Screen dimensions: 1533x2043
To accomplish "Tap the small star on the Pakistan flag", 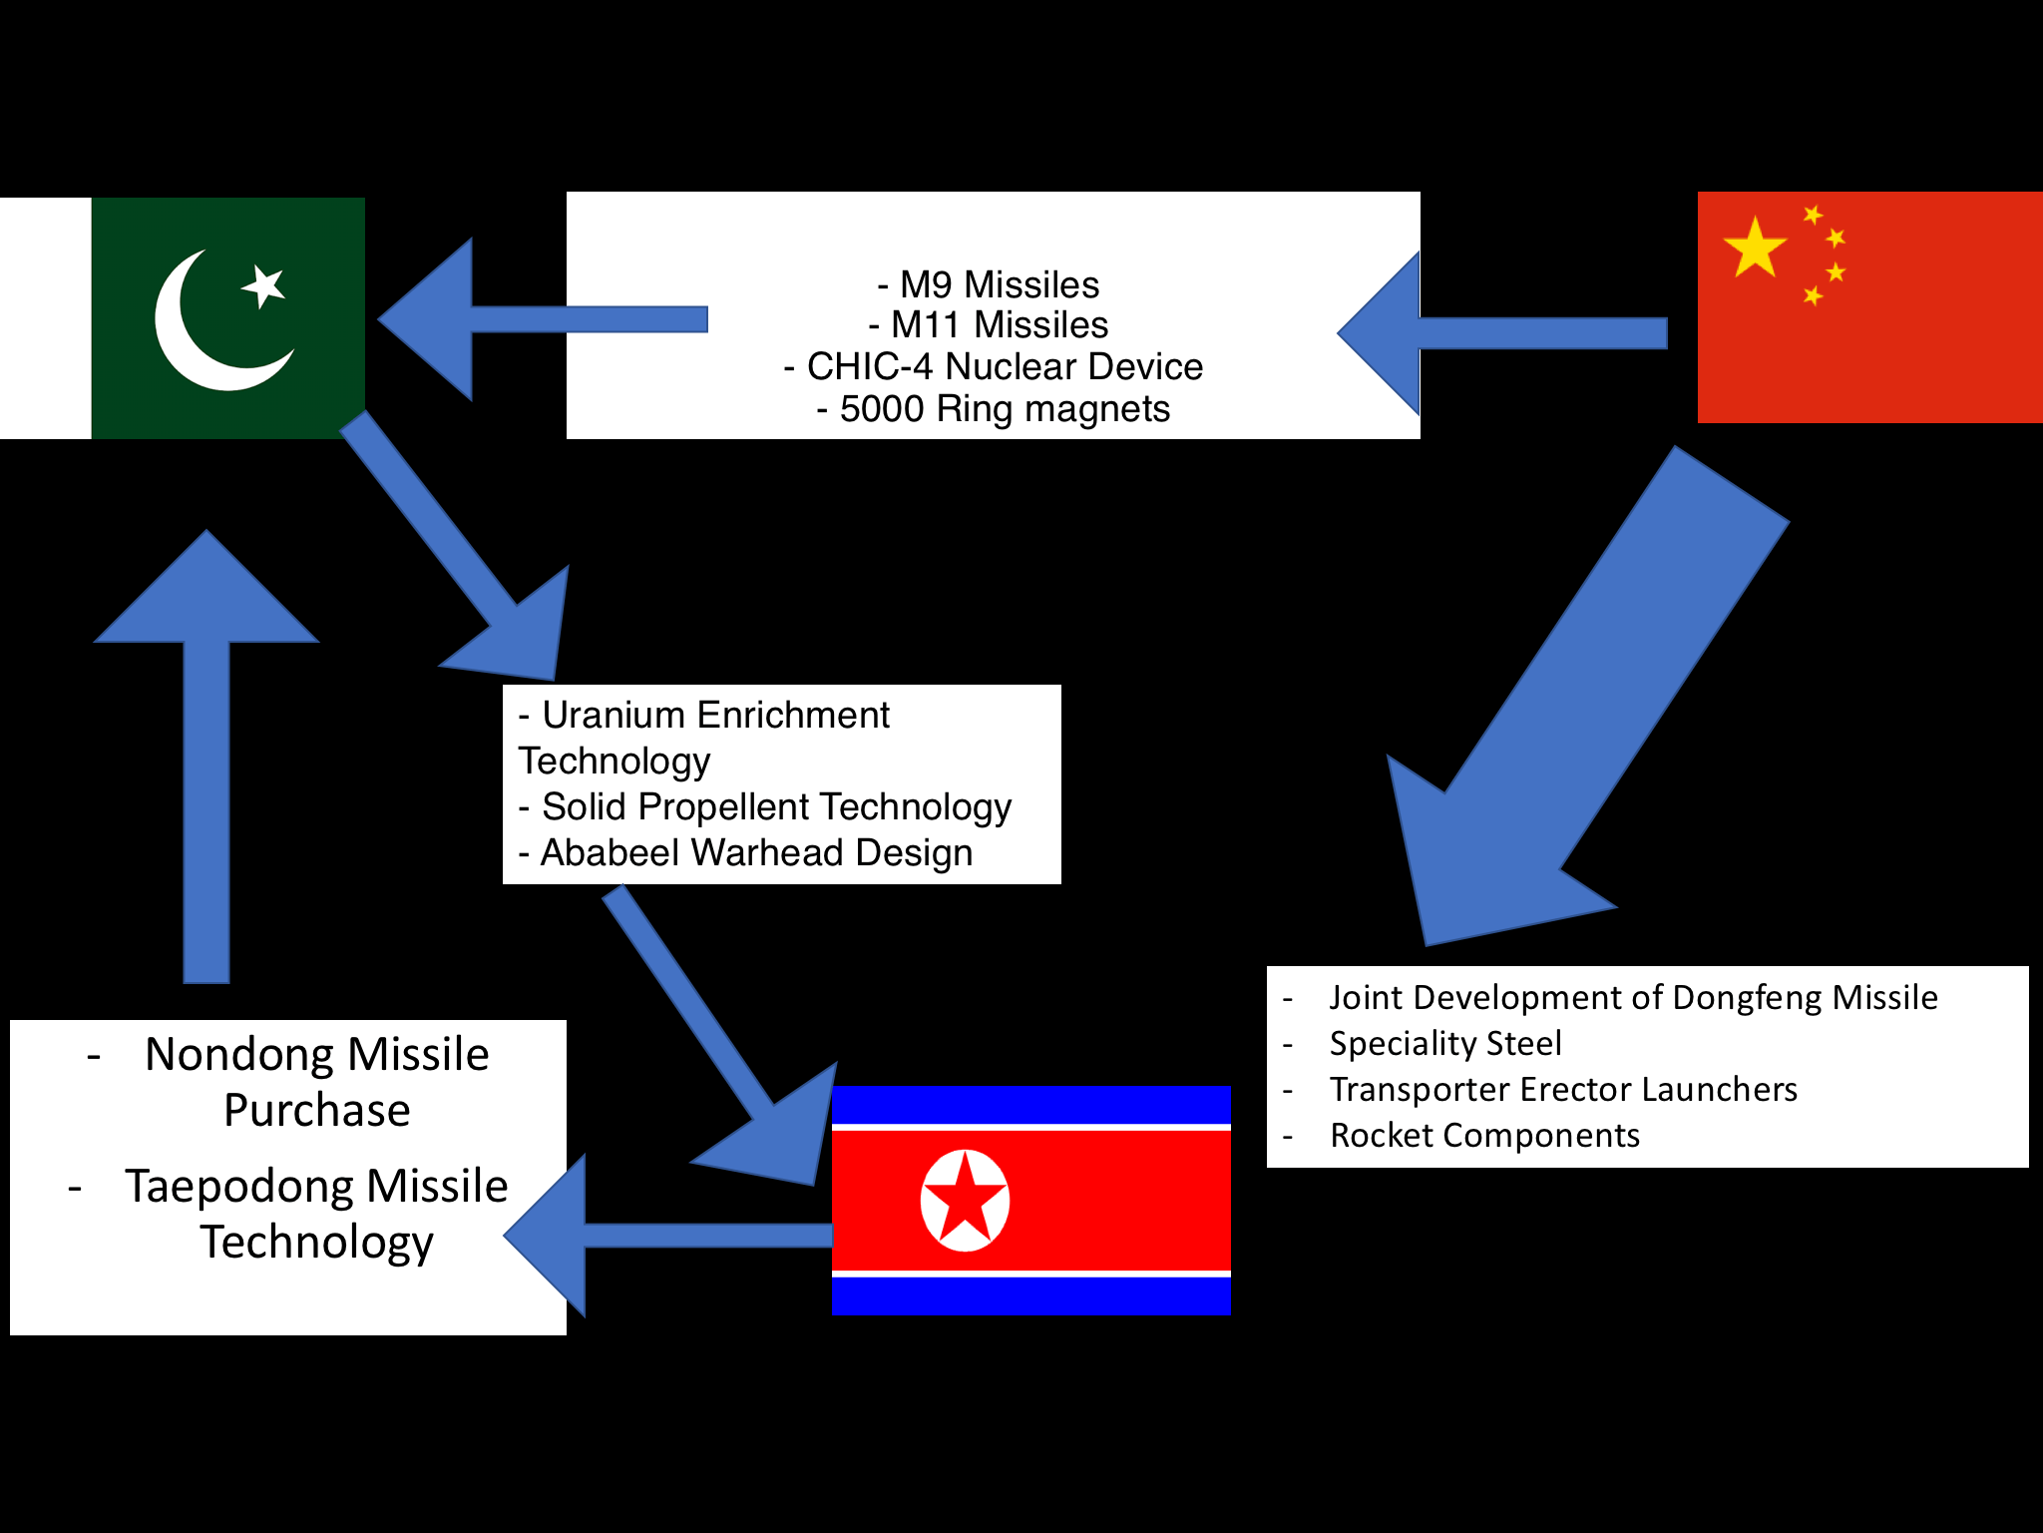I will click(x=264, y=286).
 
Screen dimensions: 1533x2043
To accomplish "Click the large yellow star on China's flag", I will click(x=1755, y=248).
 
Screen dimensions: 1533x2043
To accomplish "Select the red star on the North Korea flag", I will click(x=965, y=1200).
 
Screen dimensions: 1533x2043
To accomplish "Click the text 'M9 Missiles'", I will click(x=1000, y=284).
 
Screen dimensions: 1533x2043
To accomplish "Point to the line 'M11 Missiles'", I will click(x=1000, y=325).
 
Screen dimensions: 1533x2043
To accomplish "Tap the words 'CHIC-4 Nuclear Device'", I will click(x=1005, y=366).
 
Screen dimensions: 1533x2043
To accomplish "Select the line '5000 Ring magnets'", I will click(x=1005, y=408).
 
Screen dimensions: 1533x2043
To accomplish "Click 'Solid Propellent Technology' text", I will click(x=776, y=806).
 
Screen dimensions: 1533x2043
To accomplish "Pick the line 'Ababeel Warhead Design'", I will click(x=756, y=852).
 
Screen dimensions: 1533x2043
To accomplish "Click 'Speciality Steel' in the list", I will click(x=1445, y=1043).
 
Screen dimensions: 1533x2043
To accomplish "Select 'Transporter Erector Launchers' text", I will click(x=1563, y=1089).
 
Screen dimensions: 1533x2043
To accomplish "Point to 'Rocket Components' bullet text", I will click(x=1484, y=1135).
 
